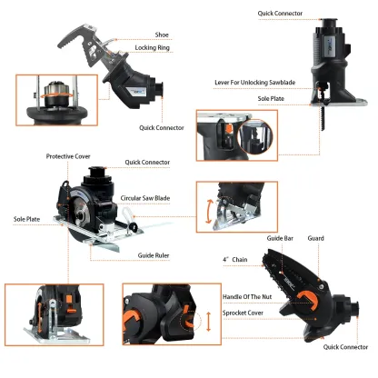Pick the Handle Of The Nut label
[249, 296]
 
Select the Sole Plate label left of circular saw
[25, 219]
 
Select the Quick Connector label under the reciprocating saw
[163, 128]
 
